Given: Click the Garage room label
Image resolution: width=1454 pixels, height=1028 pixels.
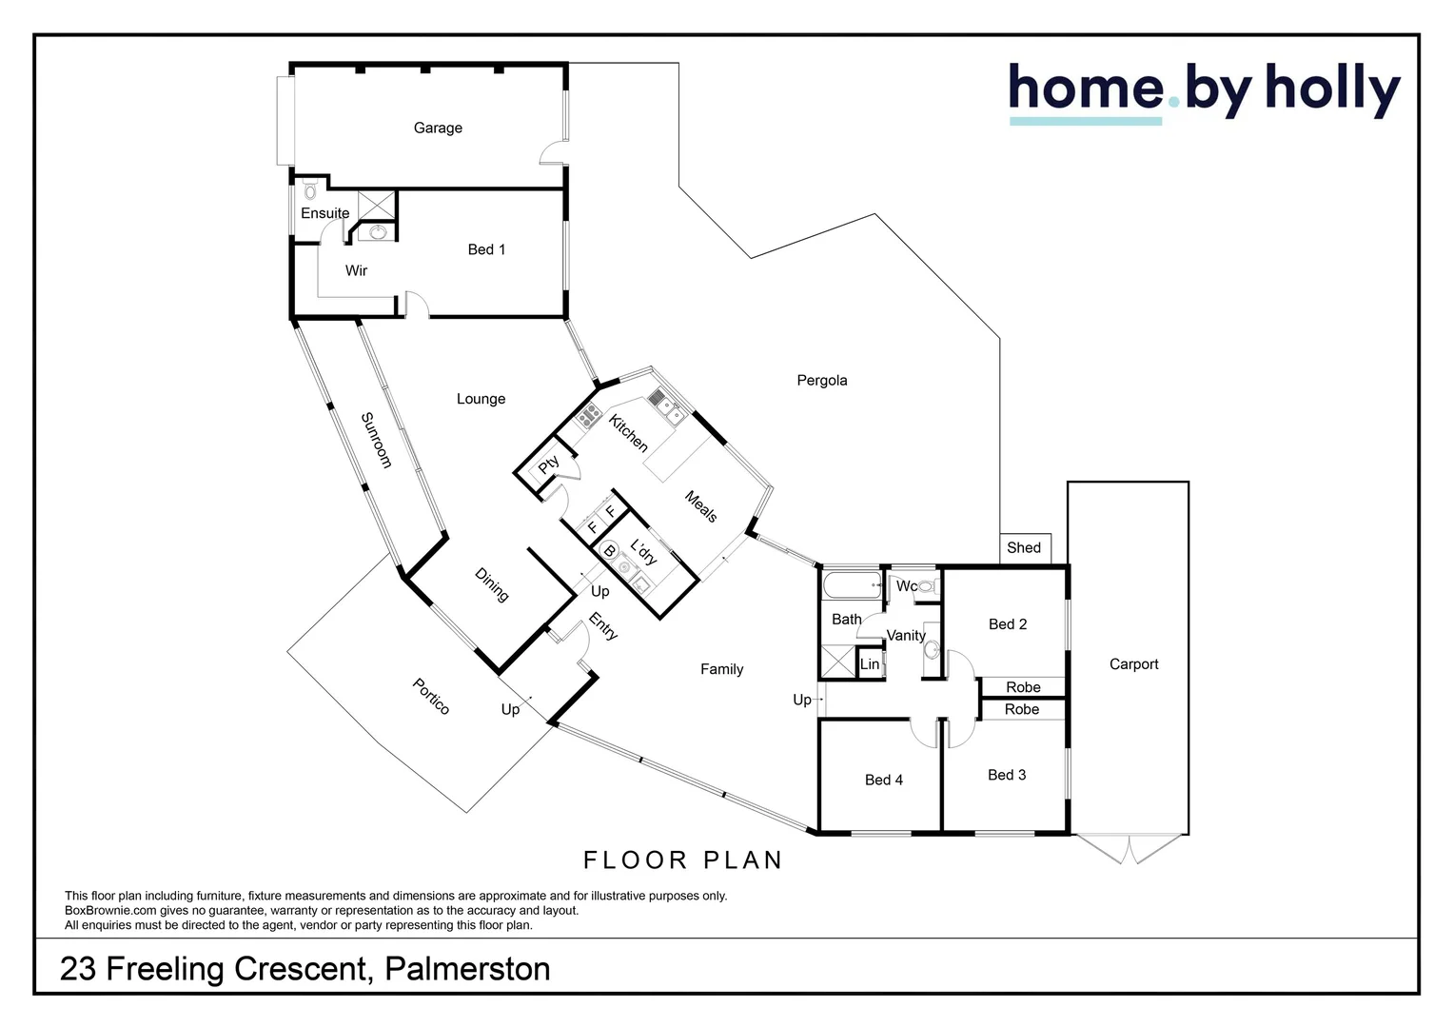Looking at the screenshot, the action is point(438,128).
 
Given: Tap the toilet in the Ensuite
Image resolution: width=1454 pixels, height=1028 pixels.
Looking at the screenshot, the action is point(310,190).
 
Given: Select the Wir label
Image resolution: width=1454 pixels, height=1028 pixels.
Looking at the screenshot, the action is point(356,270).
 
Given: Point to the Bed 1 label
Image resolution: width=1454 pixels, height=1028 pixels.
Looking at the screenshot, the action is point(486,249).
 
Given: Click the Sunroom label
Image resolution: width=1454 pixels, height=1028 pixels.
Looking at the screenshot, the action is point(377,440).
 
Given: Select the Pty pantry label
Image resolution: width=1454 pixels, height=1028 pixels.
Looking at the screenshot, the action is point(548,465).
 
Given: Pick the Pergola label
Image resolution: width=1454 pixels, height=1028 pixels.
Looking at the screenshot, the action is point(822,381).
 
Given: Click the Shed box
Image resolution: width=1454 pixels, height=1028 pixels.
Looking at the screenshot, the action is point(1025,548).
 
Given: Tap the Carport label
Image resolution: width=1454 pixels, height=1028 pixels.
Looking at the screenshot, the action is point(1133,663).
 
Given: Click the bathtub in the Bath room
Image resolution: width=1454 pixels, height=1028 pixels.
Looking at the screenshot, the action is point(853,584).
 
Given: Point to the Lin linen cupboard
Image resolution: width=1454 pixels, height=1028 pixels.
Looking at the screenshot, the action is point(870,663).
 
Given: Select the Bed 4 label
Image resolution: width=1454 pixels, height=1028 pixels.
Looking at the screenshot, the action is point(883,780).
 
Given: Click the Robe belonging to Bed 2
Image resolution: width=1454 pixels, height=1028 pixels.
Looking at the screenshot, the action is point(1023,687).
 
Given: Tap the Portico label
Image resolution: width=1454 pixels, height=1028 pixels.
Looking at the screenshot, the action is point(431,696).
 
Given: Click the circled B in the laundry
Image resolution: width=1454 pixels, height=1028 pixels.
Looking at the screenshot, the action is point(609,551).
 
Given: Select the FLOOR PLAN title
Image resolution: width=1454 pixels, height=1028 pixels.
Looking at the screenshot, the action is point(683,860).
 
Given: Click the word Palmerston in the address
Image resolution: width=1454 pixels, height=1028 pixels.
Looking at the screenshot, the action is point(467,968).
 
